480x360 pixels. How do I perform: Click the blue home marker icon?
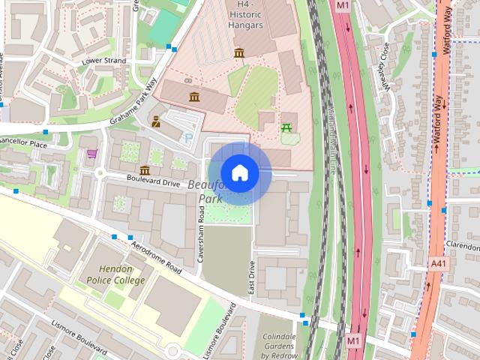240,173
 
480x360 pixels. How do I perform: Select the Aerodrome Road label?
156,256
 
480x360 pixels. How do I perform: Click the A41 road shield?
439,263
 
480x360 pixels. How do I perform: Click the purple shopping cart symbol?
91,154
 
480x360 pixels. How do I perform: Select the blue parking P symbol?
187,137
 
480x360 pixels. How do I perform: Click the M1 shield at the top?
343,5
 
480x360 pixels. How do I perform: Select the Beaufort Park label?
205,191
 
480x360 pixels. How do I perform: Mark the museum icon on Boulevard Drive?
144,170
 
